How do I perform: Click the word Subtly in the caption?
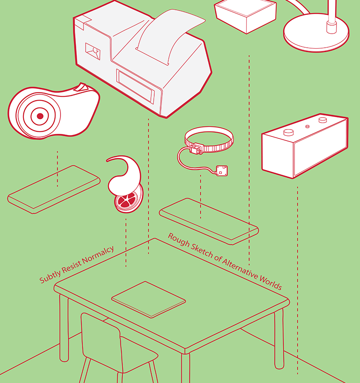[50, 276]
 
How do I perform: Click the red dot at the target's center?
[40, 116]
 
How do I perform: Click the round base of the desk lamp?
[316, 36]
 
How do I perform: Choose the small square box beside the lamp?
[245, 15]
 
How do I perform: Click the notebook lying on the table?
[148, 299]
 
